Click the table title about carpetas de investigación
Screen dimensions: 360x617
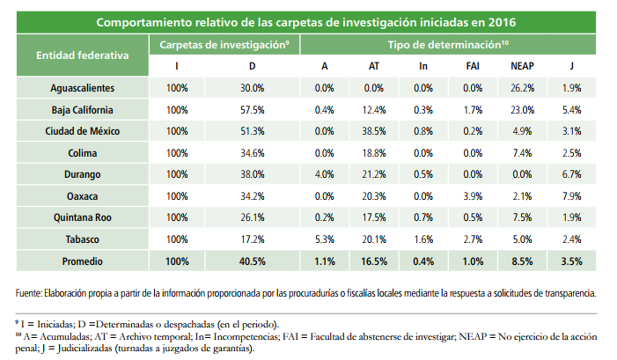tap(306, 21)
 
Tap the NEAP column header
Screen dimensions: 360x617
tap(522, 66)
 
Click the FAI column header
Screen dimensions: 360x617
tap(472, 66)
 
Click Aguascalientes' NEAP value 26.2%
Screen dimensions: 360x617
tap(522, 88)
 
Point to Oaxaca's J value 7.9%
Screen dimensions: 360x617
tap(571, 195)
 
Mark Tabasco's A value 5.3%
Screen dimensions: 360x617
tap(324, 239)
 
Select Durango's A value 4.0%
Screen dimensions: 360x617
tap(324, 174)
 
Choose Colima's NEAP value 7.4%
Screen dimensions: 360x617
tap(522, 153)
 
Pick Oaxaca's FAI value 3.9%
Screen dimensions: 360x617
tap(472, 195)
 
